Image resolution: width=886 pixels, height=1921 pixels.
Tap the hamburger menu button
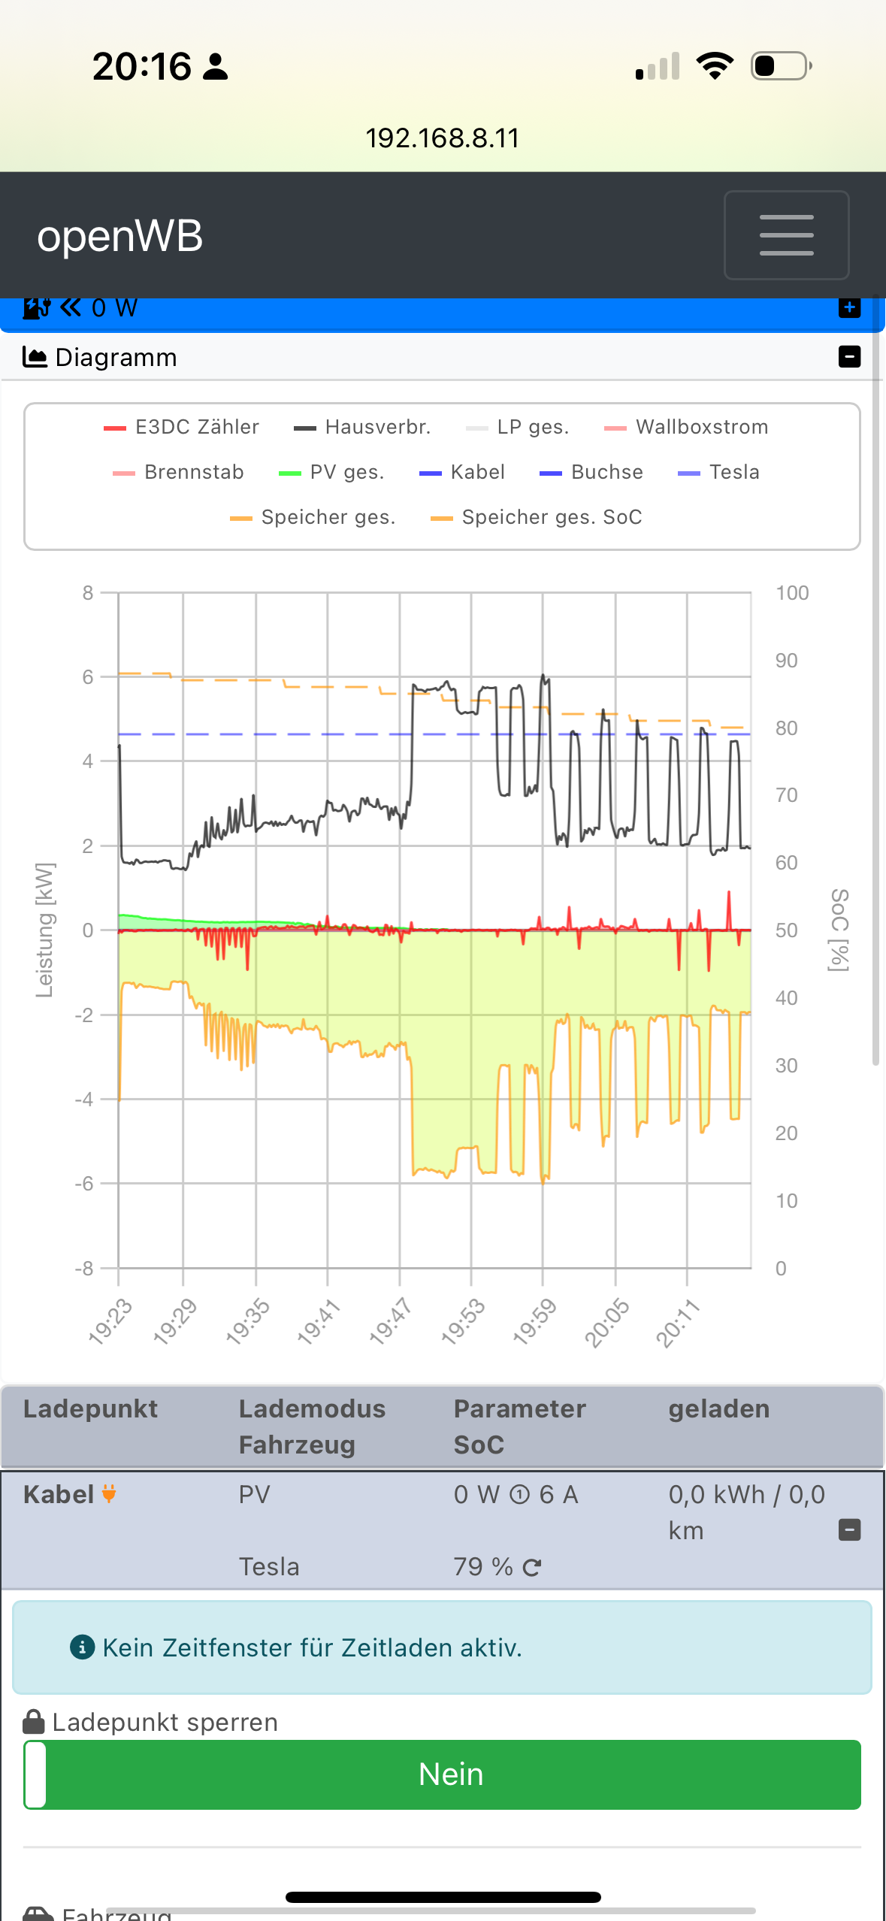[786, 235]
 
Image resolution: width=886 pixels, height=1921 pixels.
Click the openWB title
[120, 236]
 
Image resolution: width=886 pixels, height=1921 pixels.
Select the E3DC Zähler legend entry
[182, 428]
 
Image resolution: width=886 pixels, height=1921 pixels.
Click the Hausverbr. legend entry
[362, 428]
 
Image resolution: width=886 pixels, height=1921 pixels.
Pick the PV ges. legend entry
[331, 473]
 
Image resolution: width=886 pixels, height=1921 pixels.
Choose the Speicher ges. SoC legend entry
[536, 518]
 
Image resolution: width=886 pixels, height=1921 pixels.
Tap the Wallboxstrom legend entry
[686, 428]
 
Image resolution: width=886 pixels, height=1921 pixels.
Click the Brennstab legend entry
[178, 473]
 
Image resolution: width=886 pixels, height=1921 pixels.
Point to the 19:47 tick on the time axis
[390, 1320]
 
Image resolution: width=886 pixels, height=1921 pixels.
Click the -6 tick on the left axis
[84, 1184]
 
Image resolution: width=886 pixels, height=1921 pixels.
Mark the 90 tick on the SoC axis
[786, 661]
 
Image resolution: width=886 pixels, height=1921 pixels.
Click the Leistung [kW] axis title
[45, 930]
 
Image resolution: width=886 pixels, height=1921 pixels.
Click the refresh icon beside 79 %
[532, 1568]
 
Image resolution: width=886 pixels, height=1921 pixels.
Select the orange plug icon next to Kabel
[109, 1494]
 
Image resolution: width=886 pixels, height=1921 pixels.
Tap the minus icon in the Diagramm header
[849, 357]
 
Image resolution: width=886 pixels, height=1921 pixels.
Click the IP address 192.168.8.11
[443, 138]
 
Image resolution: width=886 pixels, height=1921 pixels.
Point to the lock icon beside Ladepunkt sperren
[34, 1722]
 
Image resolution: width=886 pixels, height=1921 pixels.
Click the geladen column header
[718, 1409]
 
